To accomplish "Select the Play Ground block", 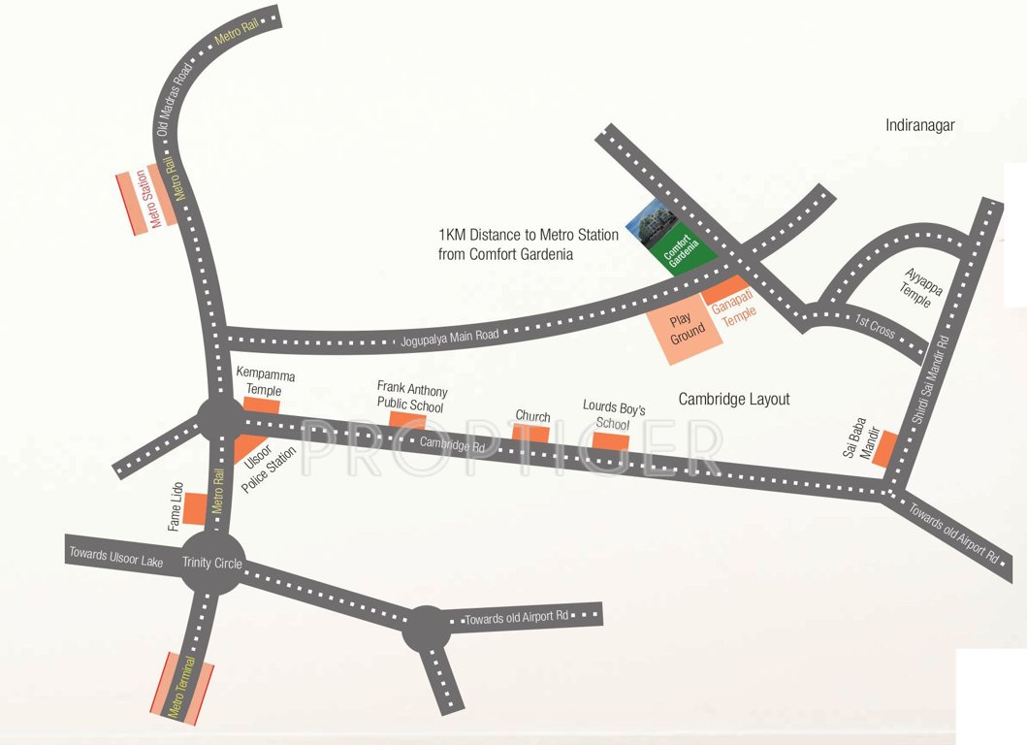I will (x=688, y=331).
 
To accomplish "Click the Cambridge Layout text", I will (x=733, y=399).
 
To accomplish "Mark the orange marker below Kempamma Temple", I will (x=262, y=405).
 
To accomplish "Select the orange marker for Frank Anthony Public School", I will (x=407, y=419).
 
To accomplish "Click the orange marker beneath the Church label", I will (x=531, y=432).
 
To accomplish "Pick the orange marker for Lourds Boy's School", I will (x=611, y=440).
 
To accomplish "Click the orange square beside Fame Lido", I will (x=196, y=507).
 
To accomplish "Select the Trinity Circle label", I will (x=212, y=563).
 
